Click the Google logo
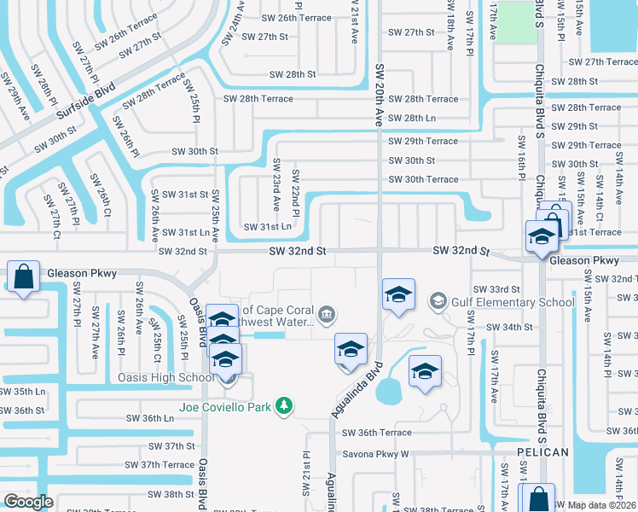tap(28, 502)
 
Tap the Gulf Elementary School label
tap(502, 301)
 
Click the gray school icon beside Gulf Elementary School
tap(438, 300)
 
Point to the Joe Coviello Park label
tap(224, 406)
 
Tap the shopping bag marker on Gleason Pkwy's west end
tap(22, 277)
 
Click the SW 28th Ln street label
tap(412, 118)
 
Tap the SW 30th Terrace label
tap(423, 179)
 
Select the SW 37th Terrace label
tap(160, 464)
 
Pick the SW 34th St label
tap(509, 327)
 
